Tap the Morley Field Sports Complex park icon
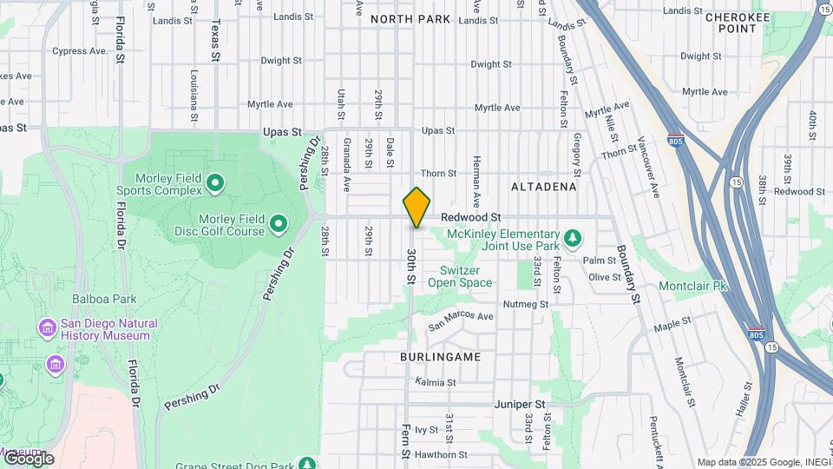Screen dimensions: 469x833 click(x=215, y=184)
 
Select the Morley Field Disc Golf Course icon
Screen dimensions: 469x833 click(x=279, y=225)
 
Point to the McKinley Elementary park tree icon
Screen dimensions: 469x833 click(x=572, y=237)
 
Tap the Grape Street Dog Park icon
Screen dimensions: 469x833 click(x=306, y=465)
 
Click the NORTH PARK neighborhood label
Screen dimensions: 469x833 click(x=410, y=19)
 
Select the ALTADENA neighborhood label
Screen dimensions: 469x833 click(x=544, y=187)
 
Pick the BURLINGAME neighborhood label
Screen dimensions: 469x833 click(x=441, y=357)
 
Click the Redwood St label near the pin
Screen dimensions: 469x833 click(x=471, y=216)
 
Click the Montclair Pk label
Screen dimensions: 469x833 click(x=693, y=286)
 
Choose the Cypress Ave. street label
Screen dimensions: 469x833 click(x=80, y=51)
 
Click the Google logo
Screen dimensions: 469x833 click(x=28, y=459)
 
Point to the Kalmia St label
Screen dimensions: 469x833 click(x=436, y=382)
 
